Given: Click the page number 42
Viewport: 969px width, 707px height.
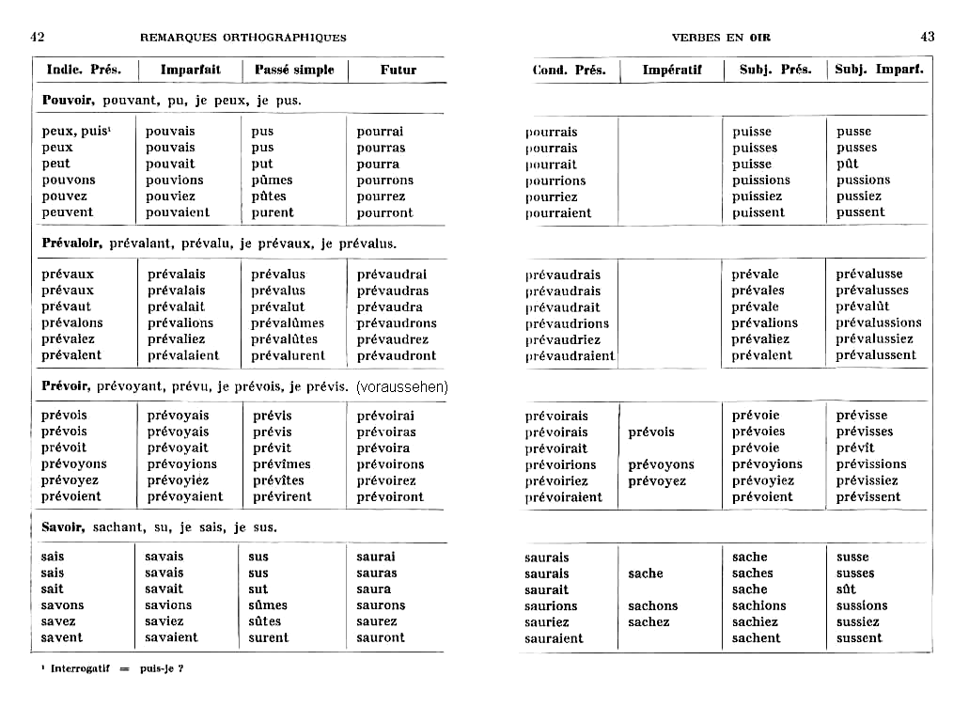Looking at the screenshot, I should point(38,37).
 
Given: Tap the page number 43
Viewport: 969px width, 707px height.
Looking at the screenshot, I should point(927,37).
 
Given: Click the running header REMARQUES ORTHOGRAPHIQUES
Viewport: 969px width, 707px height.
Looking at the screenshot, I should point(242,38).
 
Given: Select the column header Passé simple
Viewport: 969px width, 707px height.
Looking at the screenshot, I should point(293,70).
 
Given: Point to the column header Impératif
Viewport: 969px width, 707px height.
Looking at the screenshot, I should point(672,70).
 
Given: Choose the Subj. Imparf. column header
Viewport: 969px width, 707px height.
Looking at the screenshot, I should point(879,70).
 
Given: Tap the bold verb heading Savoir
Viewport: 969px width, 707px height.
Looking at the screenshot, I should point(64,527).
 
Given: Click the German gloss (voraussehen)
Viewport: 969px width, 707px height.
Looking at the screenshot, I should point(402,386).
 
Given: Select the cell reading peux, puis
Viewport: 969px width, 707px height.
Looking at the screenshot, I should point(76,132).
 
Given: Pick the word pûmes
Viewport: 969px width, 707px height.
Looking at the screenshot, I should point(272,180).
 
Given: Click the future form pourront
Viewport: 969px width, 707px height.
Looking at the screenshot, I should point(384,212).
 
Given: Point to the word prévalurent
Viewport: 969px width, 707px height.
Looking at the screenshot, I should point(288,355).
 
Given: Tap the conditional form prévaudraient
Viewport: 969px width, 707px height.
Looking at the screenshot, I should point(570,356).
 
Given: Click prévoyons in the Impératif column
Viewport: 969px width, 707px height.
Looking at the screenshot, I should point(661,464).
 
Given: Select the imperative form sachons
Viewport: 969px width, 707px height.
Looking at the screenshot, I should point(652,606).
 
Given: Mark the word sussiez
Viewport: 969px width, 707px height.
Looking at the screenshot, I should point(858,621).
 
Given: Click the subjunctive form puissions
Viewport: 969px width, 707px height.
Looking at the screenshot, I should point(761,181).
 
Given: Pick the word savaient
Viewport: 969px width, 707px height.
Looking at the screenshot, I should point(171,637).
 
